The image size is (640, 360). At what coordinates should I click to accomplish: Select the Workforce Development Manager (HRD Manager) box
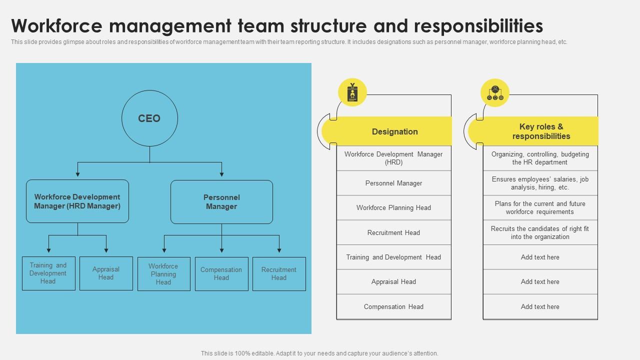[x=77, y=201]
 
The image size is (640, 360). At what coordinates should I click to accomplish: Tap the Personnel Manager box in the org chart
[x=221, y=201]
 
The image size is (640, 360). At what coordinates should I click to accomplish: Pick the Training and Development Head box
[x=48, y=273]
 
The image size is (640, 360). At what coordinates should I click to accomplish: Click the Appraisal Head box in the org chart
[x=106, y=273]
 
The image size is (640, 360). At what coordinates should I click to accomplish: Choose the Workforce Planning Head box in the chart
[x=164, y=274]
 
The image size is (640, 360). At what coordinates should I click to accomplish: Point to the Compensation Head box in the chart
[x=221, y=274]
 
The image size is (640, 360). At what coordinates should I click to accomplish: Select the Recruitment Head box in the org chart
[x=279, y=274]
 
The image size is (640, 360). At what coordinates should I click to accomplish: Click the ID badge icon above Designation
[x=352, y=92]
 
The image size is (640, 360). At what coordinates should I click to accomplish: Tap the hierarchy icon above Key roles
[x=495, y=93]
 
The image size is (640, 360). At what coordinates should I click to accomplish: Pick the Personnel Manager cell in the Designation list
[x=394, y=183]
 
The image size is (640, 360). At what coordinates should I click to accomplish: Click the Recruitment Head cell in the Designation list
[x=394, y=232]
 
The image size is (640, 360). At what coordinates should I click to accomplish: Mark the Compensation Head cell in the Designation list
[x=394, y=306]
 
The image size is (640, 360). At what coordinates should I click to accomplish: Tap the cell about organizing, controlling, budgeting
[x=540, y=158]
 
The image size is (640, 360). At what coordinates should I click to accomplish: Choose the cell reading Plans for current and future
[x=540, y=207]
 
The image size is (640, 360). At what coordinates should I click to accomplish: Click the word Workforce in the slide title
[x=57, y=25]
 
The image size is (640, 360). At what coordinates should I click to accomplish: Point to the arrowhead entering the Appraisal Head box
[x=106, y=250]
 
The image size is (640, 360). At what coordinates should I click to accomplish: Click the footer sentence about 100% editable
[x=319, y=353]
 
